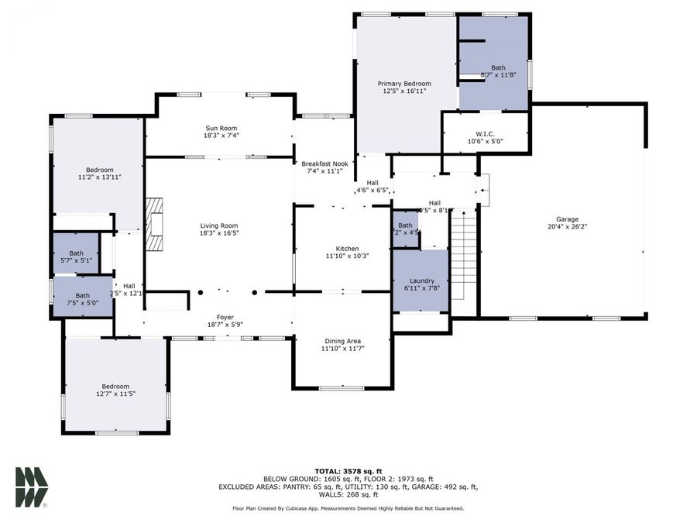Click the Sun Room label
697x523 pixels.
pos(221,128)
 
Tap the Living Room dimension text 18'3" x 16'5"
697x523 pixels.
pos(218,233)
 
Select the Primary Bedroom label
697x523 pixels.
pos(404,84)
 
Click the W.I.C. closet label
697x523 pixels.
pos(486,133)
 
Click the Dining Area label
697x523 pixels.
pos(342,341)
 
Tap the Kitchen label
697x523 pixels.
pos(342,248)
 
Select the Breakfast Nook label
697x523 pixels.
pos(324,163)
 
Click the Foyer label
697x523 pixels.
pos(225,317)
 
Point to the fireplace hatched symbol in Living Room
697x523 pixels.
pos(155,225)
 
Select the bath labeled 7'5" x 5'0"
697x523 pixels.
pos(82,295)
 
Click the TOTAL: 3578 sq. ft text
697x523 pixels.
pos(348,471)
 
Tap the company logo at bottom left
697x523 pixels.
pos(31,487)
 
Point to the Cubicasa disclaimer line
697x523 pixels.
pos(348,508)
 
